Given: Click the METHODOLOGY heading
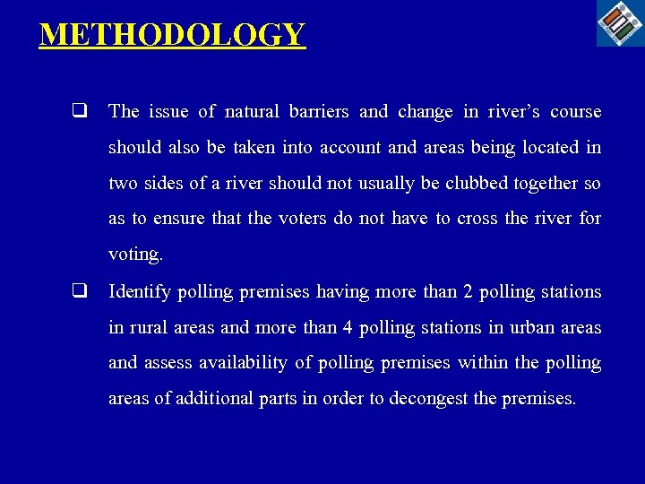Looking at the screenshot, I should click(173, 35).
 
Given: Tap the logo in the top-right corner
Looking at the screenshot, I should click(620, 22).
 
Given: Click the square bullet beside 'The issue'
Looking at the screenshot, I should click(81, 112).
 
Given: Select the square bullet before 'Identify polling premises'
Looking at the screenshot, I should click(81, 291).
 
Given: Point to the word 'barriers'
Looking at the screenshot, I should click(319, 112).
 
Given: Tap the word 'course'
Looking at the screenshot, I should click(576, 112).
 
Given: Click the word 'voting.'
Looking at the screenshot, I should click(135, 255).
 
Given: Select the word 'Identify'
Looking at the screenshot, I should click(139, 292).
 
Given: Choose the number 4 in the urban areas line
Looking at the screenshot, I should click(347, 328).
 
